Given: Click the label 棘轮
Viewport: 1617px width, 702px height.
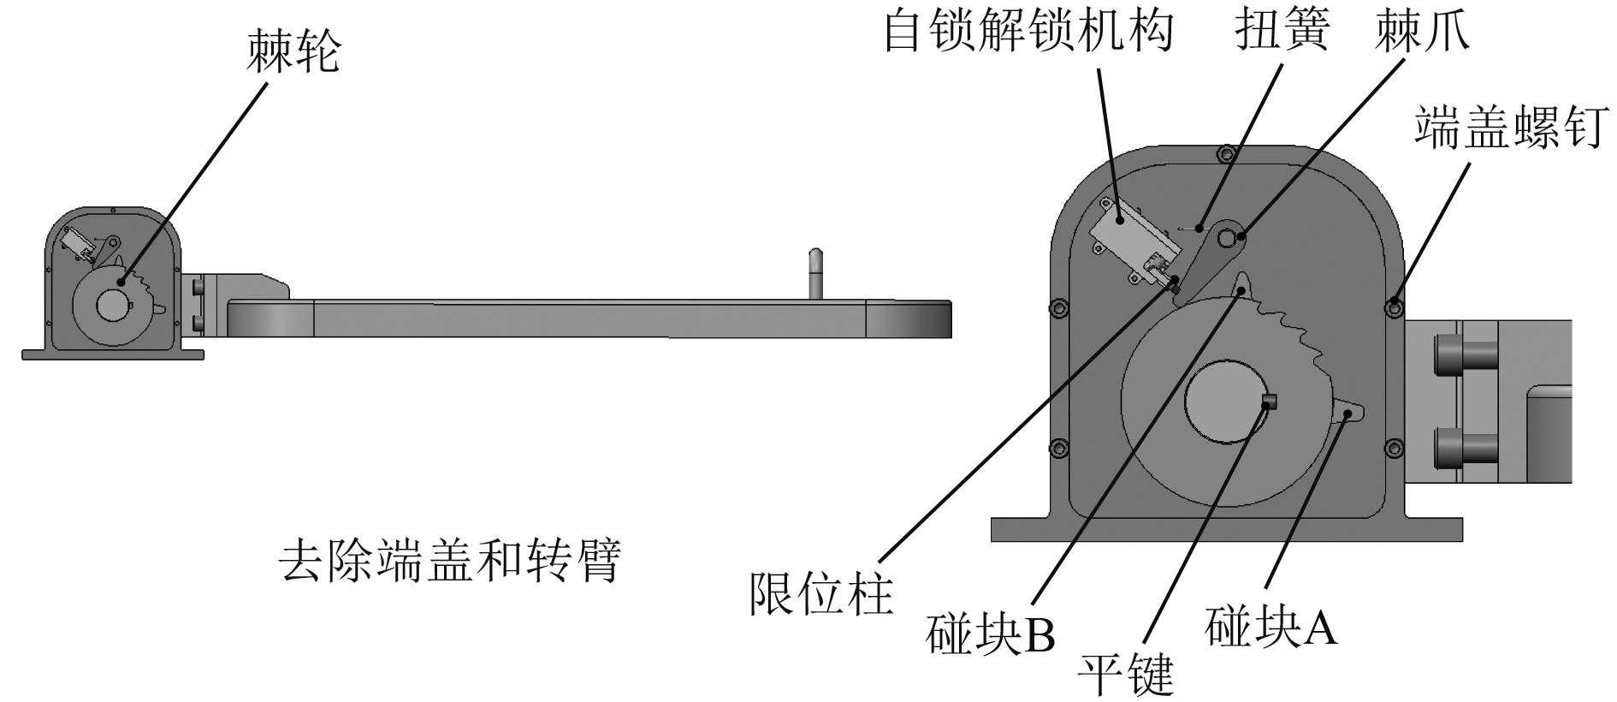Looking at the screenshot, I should coord(293,51).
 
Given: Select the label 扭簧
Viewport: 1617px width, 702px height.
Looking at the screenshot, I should coord(1282,32).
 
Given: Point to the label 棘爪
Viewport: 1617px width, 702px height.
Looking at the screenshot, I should coord(1422,32).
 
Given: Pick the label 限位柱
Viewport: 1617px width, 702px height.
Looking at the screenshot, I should coord(820,592).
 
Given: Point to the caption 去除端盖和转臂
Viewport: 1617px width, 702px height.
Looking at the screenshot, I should coord(450,561).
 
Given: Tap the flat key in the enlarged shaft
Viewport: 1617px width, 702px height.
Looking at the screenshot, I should coord(1269,401).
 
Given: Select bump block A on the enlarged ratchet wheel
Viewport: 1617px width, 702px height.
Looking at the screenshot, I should coord(1350,413).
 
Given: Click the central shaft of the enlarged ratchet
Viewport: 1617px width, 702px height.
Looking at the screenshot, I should coord(1225,402).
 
